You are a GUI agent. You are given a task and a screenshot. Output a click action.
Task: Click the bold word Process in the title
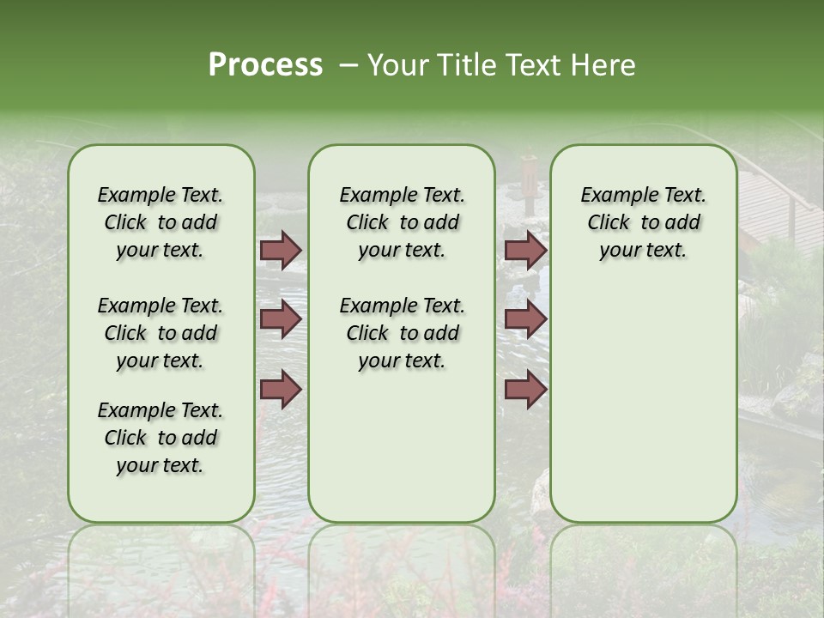pyautogui.click(x=265, y=65)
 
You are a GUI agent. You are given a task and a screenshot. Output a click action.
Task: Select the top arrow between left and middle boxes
pyautogui.click(x=281, y=251)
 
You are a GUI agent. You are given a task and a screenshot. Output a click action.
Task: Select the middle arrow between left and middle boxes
pyautogui.click(x=281, y=319)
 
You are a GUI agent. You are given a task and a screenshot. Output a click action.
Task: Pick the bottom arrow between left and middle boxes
pyautogui.click(x=281, y=390)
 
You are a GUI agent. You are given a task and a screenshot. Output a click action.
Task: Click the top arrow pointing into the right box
pyautogui.click(x=525, y=251)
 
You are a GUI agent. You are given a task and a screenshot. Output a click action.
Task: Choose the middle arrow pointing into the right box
pyautogui.click(x=525, y=319)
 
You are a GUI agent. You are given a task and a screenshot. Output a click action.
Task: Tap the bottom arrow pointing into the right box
pyautogui.click(x=525, y=390)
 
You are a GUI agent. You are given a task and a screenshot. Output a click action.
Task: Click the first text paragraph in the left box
pyautogui.click(x=161, y=222)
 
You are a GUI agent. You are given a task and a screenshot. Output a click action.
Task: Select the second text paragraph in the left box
pyautogui.click(x=161, y=333)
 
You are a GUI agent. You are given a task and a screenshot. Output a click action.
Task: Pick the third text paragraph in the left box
pyautogui.click(x=161, y=438)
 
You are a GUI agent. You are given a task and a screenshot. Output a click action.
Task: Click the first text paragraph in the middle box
pyautogui.click(x=402, y=222)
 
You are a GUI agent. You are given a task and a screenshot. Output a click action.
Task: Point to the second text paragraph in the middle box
pyautogui.click(x=402, y=333)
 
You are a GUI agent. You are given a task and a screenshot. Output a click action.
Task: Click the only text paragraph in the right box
pyautogui.click(x=643, y=222)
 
